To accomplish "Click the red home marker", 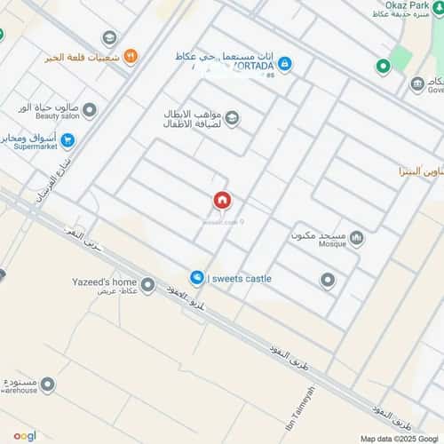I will (x=220, y=201).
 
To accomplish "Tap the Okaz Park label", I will (x=401, y=4).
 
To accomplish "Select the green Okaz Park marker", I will (x=383, y=66).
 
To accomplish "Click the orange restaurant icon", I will (x=131, y=57).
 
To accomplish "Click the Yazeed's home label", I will (x=104, y=281).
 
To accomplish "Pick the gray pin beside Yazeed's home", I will (x=147, y=285).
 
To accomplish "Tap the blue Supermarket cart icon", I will (x=68, y=139).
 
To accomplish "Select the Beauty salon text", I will (x=58, y=115).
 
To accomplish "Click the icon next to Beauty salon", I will (x=90, y=110).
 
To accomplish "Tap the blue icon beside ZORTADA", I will (x=284, y=64).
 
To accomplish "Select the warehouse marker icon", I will (x=47, y=385).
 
